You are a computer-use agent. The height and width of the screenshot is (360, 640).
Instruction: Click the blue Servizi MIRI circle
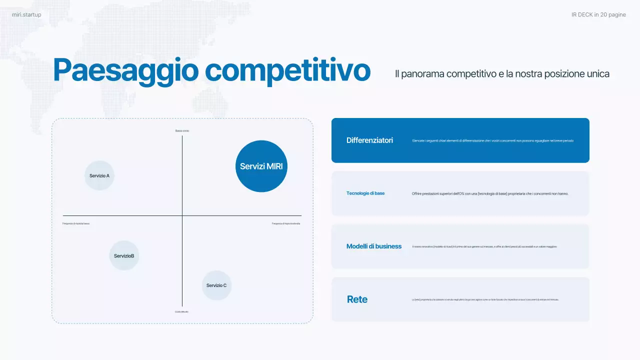261,166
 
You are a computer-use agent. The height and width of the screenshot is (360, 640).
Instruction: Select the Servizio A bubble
99,175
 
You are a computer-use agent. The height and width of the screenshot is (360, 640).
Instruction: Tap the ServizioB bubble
124,255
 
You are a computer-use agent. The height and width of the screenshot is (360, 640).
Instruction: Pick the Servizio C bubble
216,285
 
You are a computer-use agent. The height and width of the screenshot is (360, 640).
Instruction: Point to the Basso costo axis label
182,131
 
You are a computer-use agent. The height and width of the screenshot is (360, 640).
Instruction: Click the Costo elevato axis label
182,311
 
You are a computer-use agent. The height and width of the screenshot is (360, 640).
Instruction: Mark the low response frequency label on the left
76,223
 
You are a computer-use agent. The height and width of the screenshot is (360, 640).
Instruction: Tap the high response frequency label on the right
286,223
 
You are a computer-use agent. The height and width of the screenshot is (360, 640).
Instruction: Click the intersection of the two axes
182,215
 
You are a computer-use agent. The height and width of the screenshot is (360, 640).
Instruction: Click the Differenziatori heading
369,140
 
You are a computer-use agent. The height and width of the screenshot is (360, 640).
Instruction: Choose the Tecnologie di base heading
365,193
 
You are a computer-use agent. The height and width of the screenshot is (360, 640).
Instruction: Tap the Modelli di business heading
374,246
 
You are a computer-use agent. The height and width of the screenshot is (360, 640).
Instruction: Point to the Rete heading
357,299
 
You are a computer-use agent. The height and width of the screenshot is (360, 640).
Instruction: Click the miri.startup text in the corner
26,15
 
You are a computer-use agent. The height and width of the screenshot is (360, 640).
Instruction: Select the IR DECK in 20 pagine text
598,15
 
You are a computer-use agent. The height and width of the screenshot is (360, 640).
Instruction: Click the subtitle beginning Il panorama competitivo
502,74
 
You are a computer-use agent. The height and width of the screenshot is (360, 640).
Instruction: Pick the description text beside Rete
485,299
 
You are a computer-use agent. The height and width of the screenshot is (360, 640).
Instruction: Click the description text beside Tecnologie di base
490,193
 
